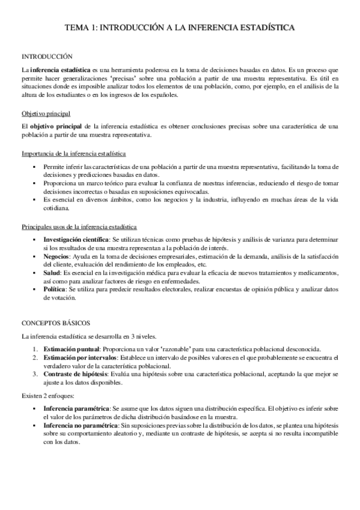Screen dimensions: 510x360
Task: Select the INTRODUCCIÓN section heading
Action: click(47, 55)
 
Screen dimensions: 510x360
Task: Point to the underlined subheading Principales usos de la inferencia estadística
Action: click(79, 226)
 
